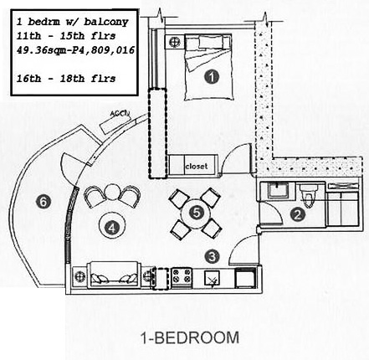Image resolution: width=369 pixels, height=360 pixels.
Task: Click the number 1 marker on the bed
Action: tap(212, 77)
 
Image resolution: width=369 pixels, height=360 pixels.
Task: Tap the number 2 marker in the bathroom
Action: tap(298, 215)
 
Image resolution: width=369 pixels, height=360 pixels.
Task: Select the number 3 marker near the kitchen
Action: tap(213, 256)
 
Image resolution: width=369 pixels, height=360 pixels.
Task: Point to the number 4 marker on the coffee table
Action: tap(112, 229)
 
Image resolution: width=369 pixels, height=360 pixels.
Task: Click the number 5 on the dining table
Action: tap(197, 213)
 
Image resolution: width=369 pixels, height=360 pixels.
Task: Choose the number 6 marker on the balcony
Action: tap(44, 201)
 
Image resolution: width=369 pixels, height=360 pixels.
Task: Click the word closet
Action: tap(197, 167)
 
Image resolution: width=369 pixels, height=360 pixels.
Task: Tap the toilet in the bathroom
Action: tap(308, 195)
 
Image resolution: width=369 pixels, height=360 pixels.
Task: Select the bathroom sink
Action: tap(277, 191)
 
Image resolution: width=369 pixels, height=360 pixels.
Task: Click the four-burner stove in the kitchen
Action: tap(181, 277)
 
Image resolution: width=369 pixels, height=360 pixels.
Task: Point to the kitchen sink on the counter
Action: tap(213, 279)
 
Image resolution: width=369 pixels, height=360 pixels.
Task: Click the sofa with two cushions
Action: tap(113, 275)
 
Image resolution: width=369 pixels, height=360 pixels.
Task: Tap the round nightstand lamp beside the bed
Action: tap(175, 42)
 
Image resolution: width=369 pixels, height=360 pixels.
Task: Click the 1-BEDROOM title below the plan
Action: tap(190, 337)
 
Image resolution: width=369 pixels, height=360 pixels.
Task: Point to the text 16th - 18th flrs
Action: tap(66, 79)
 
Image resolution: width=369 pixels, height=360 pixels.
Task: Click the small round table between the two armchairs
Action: tap(112, 192)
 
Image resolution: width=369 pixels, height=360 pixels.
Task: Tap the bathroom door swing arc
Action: tap(274, 212)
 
